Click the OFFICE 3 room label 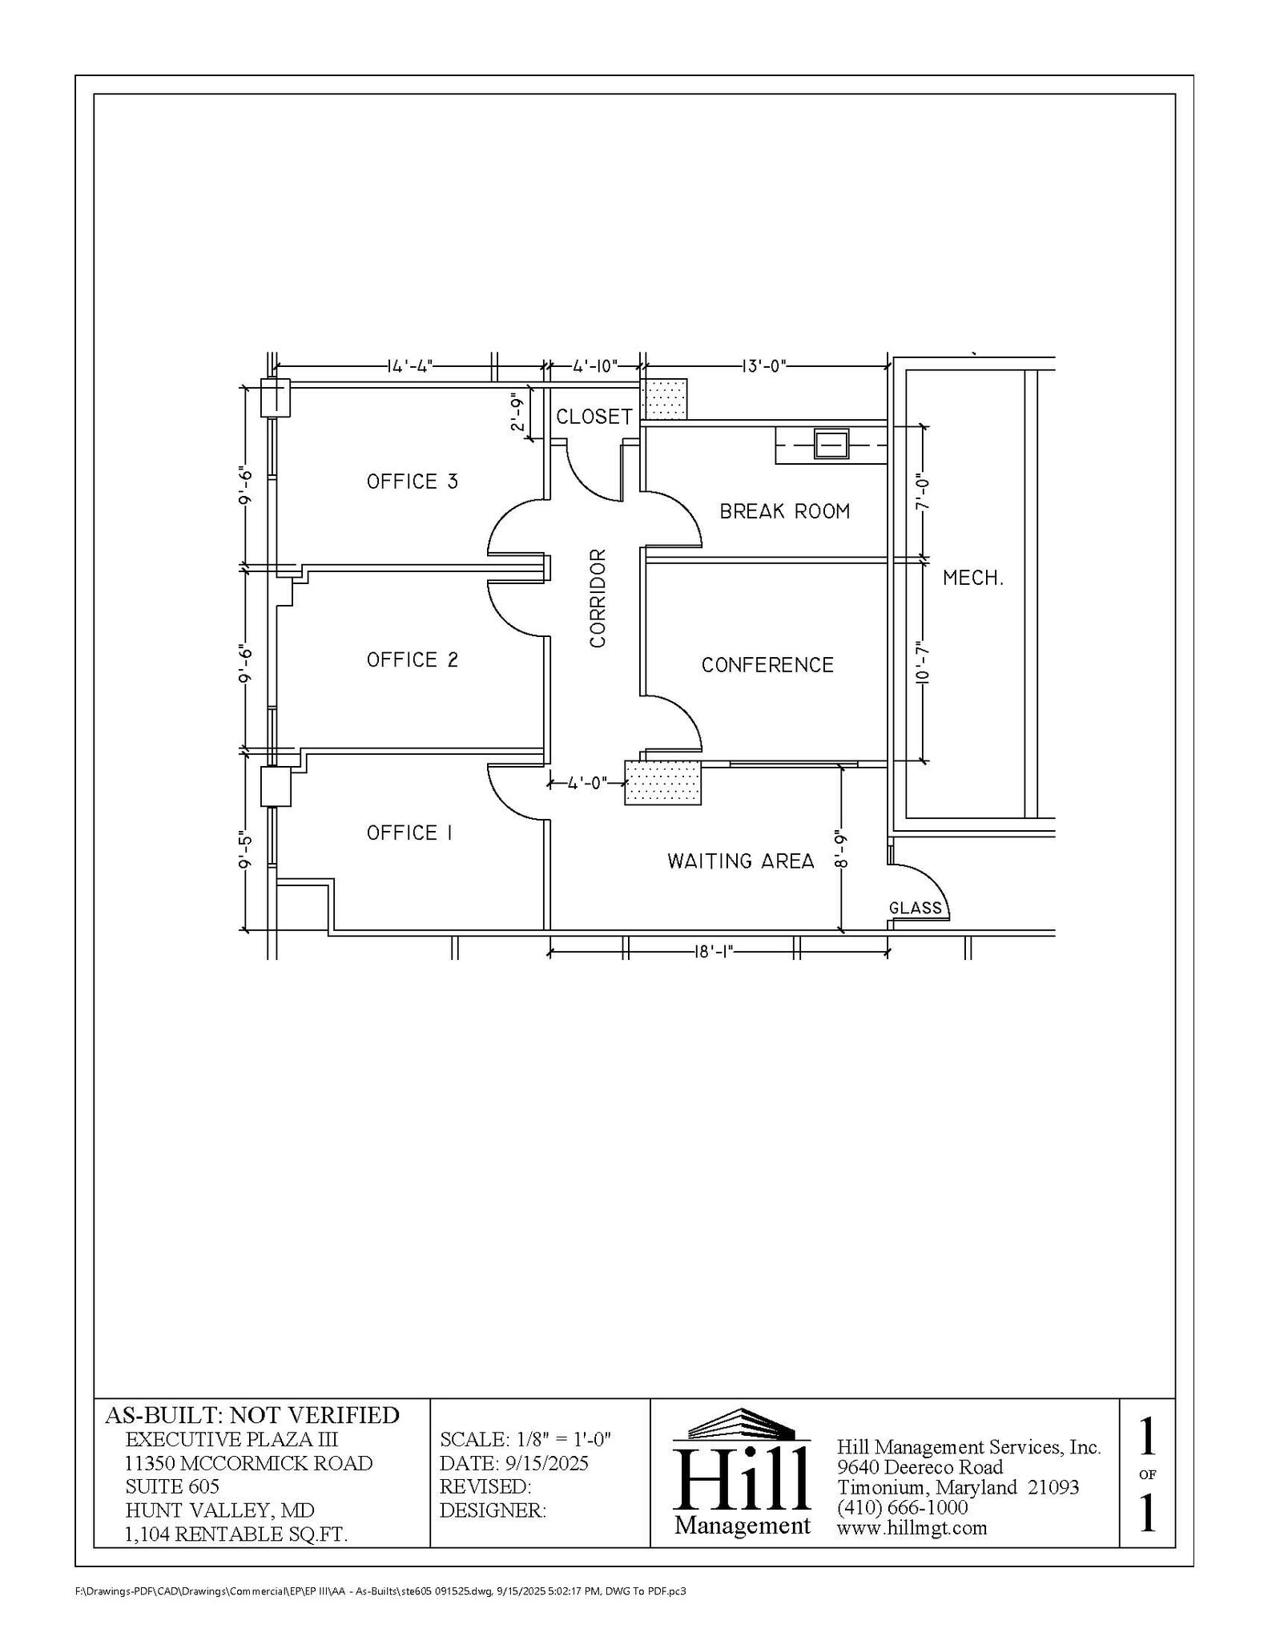coord(413,482)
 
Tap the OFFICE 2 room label coord(413,659)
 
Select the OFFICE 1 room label coord(409,833)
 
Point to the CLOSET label coord(594,417)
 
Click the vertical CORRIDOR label coord(598,598)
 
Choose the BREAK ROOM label coord(784,511)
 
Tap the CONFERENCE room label coord(767,665)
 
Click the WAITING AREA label coord(740,861)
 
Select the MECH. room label coord(972,578)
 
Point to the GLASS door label coord(916,908)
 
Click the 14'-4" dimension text coord(409,367)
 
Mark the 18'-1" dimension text coord(713,951)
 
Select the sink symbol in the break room coord(831,443)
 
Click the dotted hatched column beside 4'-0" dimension coord(662,783)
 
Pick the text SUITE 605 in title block coord(172,1486)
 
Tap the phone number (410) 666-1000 coord(902,1507)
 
